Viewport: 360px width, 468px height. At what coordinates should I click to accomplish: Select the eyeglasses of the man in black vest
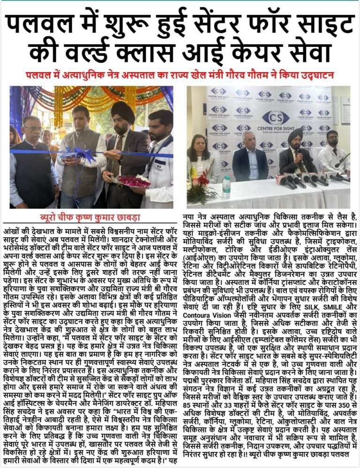28,128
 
